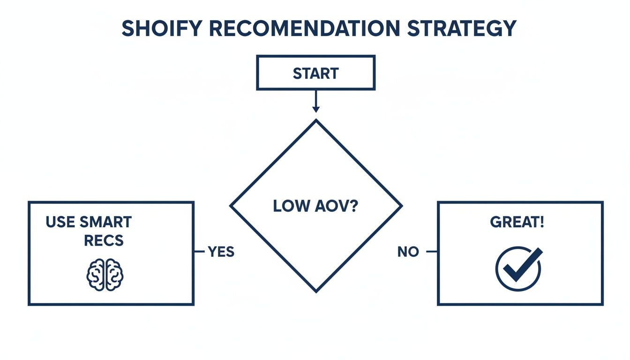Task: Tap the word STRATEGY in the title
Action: tap(461, 29)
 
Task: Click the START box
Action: tap(315, 73)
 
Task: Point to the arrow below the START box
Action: tap(315, 101)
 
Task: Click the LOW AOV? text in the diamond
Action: tap(315, 206)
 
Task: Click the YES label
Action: tap(221, 252)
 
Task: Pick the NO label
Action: tap(408, 252)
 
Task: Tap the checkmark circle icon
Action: tap(518, 268)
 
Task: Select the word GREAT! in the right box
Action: tap(517, 222)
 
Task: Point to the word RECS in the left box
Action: tap(104, 240)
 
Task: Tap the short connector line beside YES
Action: tap(199, 252)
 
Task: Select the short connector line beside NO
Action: tap(431, 252)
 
